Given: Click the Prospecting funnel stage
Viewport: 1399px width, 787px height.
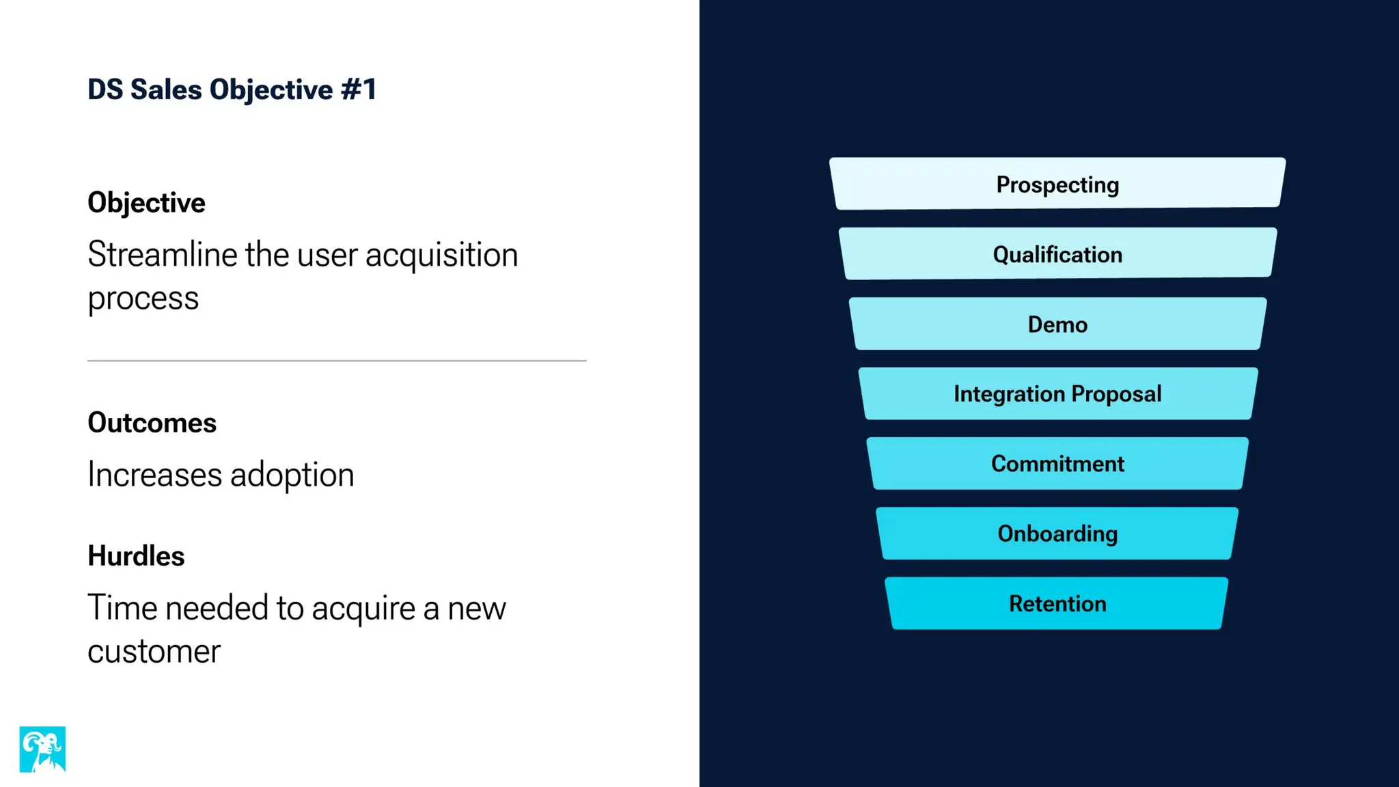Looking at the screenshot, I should point(1057,184).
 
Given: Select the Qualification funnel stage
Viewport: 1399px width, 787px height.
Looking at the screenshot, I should point(1057,253).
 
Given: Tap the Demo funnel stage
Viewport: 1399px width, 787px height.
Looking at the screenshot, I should point(1057,324).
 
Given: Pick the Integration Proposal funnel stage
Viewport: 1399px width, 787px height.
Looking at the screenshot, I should point(1057,393).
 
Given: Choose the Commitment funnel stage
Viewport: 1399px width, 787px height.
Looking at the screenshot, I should point(1057,463).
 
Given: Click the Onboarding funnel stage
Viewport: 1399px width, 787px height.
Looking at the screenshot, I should point(1057,533).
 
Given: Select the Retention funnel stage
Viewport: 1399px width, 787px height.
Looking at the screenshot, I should point(1057,603).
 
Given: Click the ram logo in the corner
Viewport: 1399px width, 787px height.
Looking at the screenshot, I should point(42,749).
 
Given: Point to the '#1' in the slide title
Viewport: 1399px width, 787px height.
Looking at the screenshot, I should point(359,89).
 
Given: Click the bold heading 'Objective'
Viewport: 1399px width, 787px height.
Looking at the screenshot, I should point(146,203).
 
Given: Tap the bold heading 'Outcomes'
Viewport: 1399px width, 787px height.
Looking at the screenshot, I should point(152,423).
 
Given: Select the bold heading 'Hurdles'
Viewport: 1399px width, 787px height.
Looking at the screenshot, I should point(136,556).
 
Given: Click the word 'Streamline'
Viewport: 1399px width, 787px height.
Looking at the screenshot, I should point(163,255).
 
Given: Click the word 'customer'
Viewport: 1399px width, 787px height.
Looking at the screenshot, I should point(154,651).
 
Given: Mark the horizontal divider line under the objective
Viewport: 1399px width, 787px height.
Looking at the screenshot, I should point(337,360).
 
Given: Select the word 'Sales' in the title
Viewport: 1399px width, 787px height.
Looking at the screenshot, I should point(166,89).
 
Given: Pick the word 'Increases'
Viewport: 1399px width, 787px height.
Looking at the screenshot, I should point(154,475).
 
